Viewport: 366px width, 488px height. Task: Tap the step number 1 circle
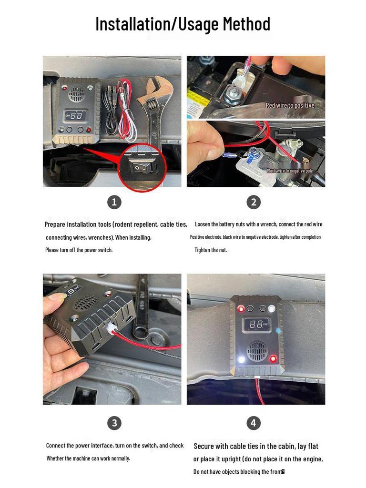[x=114, y=202]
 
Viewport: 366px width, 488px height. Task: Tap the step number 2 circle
[x=254, y=202]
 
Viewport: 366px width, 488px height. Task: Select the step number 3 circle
[x=114, y=423]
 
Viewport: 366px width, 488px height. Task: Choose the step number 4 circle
[x=254, y=423]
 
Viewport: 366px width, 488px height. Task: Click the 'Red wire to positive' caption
[x=290, y=105]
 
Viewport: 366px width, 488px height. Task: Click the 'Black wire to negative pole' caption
[x=289, y=171]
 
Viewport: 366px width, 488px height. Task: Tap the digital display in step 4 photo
[x=257, y=325]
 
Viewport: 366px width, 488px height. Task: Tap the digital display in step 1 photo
[x=76, y=115]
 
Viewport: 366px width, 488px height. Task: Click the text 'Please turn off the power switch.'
[x=79, y=250]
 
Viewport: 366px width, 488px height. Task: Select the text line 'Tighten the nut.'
[x=211, y=250]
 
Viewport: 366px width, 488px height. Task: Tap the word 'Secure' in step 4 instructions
[x=204, y=447]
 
